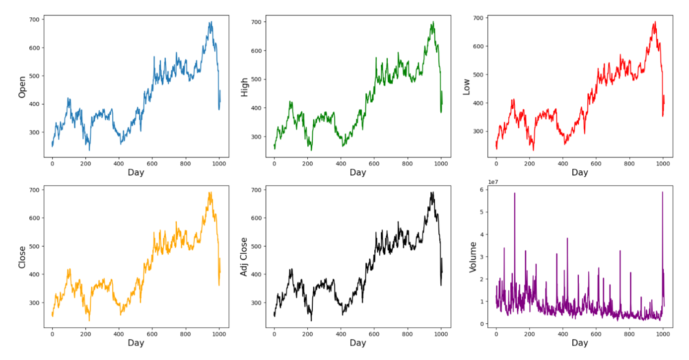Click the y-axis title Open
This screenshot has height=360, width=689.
tap(22, 86)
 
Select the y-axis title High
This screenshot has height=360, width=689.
tap(244, 86)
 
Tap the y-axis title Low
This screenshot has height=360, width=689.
tap(466, 86)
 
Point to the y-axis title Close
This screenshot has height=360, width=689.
tap(22, 257)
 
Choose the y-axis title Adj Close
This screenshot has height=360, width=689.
tap(244, 257)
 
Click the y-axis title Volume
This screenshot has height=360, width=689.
tap(473, 257)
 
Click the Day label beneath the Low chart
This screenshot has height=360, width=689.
tap(579, 172)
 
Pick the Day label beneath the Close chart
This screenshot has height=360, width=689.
tap(136, 343)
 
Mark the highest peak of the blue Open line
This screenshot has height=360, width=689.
tap(210, 22)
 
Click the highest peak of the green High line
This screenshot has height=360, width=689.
tap(433, 22)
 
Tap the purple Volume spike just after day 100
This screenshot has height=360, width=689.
tap(515, 193)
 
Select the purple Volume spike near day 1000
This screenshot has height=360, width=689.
tap(662, 192)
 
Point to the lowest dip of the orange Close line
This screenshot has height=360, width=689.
tap(89, 320)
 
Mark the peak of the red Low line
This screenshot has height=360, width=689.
tap(655, 22)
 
